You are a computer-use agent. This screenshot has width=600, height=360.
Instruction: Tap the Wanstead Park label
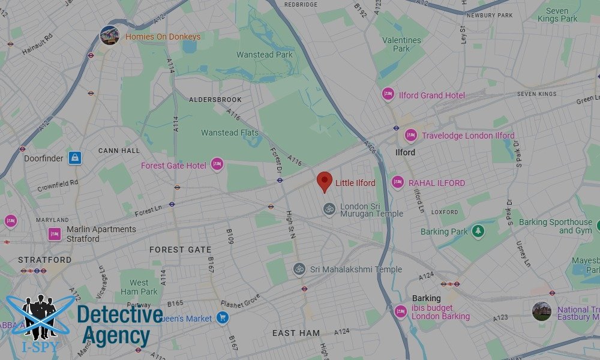tap(264, 55)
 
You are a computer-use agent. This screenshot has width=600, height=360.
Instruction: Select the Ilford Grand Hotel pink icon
tap(388, 95)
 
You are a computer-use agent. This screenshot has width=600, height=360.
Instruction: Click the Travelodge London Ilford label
tap(468, 136)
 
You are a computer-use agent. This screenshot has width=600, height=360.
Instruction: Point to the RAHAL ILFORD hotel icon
tap(397, 182)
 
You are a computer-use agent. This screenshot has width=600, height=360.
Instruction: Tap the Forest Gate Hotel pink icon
tap(217, 164)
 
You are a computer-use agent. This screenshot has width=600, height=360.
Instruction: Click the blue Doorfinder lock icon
tap(74, 158)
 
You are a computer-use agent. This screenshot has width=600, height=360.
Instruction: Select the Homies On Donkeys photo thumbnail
tap(109, 35)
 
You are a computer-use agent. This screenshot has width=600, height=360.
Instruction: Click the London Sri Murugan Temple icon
tap(328, 209)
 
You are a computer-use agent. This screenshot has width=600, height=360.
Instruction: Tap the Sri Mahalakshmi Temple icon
tap(299, 269)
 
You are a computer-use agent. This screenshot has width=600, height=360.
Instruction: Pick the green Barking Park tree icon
tap(478, 231)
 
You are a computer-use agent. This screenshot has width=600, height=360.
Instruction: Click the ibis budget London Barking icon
tap(400, 311)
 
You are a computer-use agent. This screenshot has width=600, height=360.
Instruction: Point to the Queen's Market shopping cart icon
tap(223, 317)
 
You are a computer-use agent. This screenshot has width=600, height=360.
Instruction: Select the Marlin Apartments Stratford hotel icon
tap(55, 234)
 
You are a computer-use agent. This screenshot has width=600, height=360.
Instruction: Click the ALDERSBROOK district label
tap(215, 100)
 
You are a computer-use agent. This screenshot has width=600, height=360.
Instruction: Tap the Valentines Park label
tap(401, 44)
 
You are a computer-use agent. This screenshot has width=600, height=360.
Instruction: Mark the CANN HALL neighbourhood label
tap(119, 151)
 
